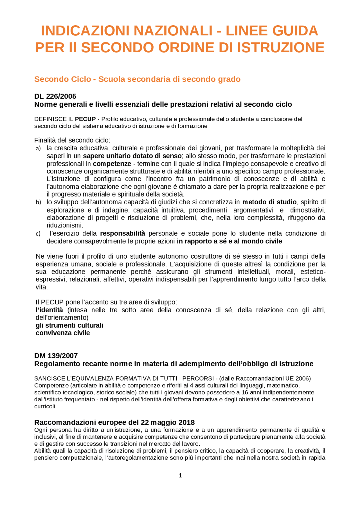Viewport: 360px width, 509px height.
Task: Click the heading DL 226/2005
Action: click(55, 96)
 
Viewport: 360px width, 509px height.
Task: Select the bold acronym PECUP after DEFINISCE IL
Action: click(85, 119)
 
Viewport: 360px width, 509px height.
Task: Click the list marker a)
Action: click(38, 148)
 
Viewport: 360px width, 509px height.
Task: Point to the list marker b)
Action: click(38, 202)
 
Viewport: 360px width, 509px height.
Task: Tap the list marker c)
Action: click(38, 234)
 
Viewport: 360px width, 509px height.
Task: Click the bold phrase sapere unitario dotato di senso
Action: click(132, 156)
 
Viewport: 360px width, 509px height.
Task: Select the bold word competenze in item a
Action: click(112, 164)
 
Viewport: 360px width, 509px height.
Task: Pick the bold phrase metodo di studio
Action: click(269, 202)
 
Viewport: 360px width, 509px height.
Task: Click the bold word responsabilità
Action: click(123, 233)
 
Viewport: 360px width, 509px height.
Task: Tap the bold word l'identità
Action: click(49, 310)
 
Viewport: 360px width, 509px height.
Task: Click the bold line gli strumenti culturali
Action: click(69, 325)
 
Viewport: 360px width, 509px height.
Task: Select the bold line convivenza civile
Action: click(63, 333)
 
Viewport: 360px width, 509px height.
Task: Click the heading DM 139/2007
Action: click(56, 356)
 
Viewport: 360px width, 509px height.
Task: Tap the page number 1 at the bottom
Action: click(180, 475)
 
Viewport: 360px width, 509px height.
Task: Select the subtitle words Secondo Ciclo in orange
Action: click(62, 79)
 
